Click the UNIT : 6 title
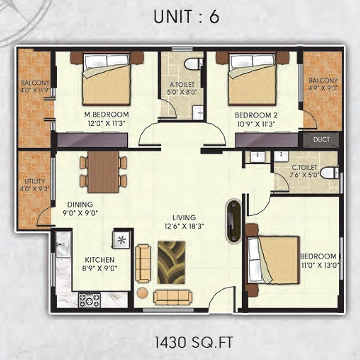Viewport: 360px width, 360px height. pyautogui.click(x=186, y=18)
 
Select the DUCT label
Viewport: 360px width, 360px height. pyautogui.click(x=321, y=140)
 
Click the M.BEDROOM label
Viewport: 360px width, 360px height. pyautogui.click(x=108, y=114)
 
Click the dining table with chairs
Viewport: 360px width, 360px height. pyautogui.click(x=103, y=172)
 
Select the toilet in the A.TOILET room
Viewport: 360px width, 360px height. pyautogui.click(x=193, y=64)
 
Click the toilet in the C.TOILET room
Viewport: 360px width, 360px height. pyautogui.click(x=331, y=173)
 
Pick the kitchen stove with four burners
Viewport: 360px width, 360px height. pyautogui.click(x=90, y=300)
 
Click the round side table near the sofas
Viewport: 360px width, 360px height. pyautogui.click(x=142, y=292)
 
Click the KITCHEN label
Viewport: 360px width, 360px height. pyautogui.click(x=99, y=260)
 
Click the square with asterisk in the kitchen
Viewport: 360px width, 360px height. pyautogui.click(x=121, y=239)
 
